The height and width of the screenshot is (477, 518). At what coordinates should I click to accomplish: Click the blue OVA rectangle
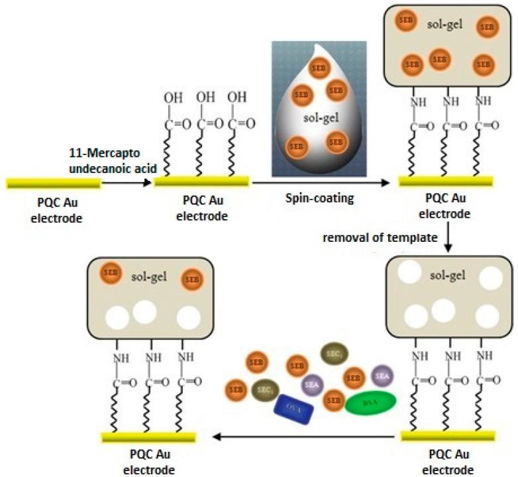[296, 405]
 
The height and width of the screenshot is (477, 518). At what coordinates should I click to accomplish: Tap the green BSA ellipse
[368, 402]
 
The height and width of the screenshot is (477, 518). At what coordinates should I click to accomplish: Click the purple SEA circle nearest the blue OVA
[311, 383]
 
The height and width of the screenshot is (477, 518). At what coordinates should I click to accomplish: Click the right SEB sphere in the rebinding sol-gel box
[191, 279]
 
